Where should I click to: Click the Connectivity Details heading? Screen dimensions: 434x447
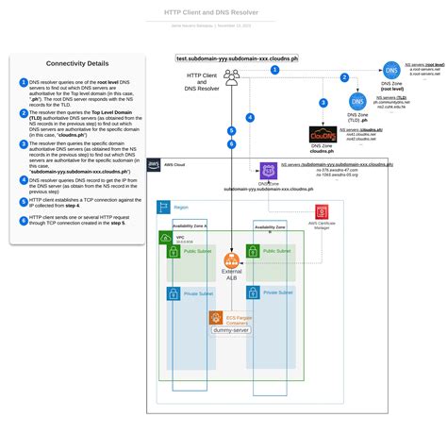coord(77,64)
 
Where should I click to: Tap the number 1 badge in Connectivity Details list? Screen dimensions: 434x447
coord(24,82)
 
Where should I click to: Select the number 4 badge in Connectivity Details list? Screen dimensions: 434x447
coord(24,178)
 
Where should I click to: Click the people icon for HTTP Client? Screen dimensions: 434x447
coord(232,77)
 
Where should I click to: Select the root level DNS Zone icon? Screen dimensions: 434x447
coord(391,71)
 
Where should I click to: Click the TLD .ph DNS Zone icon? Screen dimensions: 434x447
coord(356,101)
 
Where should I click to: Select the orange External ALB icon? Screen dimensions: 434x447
coord(231,260)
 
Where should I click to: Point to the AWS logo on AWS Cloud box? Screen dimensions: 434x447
coord(156,164)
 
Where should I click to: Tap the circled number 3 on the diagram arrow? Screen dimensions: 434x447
coord(323,102)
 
